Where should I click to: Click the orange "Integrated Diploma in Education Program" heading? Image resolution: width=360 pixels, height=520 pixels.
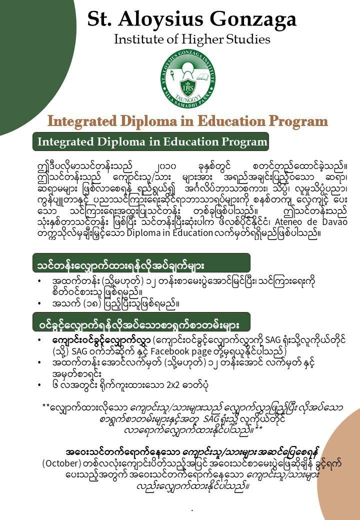187,121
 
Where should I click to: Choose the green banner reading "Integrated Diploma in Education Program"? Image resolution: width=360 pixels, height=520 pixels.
150,141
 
